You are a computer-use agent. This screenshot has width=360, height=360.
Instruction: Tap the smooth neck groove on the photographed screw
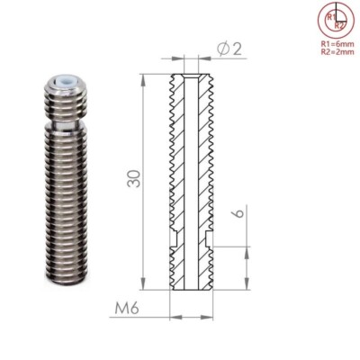pyautogui.click(x=67, y=126)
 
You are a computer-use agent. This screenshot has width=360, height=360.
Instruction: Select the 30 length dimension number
pyautogui.click(x=133, y=179)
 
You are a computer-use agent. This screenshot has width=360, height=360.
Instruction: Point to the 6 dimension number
pyautogui.click(x=238, y=212)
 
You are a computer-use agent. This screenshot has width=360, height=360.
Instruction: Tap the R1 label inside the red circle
pyautogui.click(x=331, y=17)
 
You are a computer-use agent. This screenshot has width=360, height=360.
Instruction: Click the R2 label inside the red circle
pyautogui.click(x=339, y=25)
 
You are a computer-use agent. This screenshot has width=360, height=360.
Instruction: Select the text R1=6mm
pyautogui.click(x=337, y=44)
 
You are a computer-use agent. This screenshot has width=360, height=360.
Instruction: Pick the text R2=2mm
pyautogui.click(x=337, y=51)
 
